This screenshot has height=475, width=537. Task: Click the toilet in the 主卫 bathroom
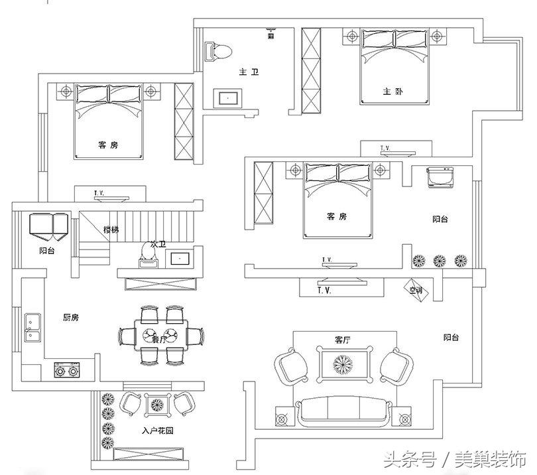[x=219, y=50]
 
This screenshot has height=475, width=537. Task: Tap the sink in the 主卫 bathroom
[x=228, y=99]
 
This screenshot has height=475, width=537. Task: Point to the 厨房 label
[x=71, y=318]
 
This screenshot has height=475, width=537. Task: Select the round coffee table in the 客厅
[x=344, y=364]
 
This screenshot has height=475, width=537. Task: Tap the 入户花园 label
[x=158, y=431]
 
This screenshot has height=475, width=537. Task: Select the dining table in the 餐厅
[x=159, y=335]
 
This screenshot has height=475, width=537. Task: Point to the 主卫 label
[x=249, y=72]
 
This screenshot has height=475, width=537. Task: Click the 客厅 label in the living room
[x=343, y=340]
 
